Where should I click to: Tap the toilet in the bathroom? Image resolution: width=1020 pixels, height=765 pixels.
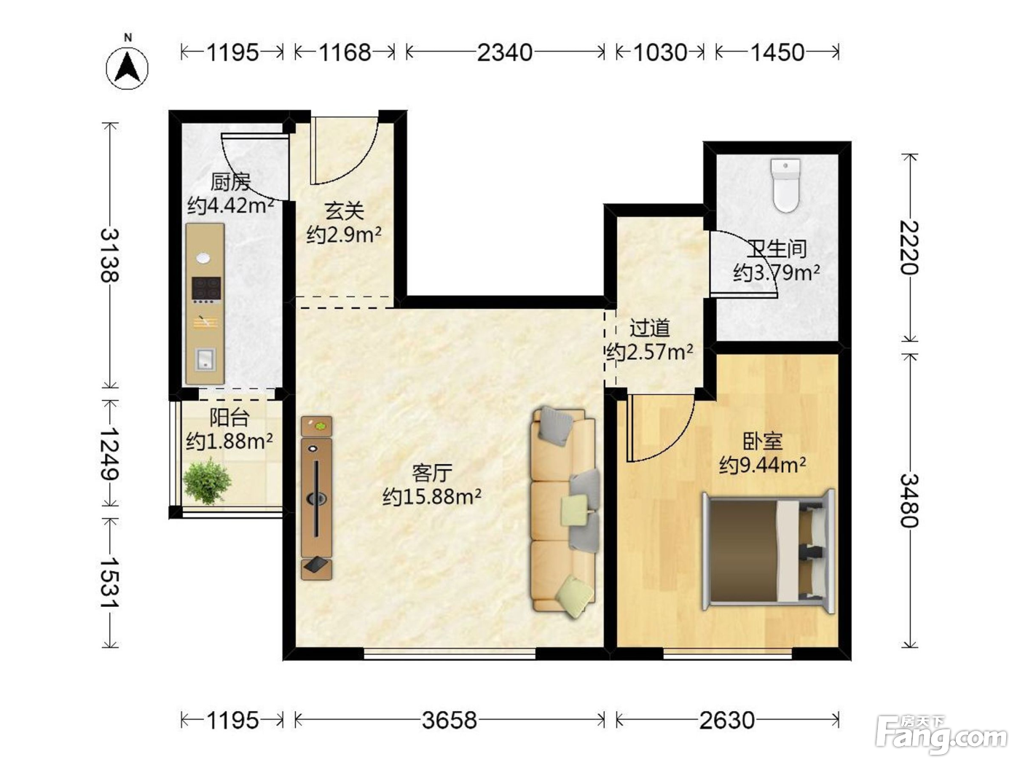pos(785,185)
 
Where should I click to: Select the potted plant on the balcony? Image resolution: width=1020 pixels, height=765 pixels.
pos(207,481)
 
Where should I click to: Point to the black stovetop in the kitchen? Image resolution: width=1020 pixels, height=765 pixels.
pos(206,288)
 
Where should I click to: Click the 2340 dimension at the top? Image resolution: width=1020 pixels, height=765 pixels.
pos(505,52)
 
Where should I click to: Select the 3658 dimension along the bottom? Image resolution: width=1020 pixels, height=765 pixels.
pos(450,720)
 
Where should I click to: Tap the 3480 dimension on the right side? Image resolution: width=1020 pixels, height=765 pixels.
pos(909,501)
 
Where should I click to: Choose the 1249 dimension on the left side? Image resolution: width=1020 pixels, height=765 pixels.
pos(110,453)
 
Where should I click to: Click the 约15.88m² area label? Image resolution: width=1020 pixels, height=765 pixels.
pos(432,497)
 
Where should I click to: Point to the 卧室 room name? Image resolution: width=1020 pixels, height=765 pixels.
pos(763,441)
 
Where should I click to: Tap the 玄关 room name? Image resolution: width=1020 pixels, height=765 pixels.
pos(344,211)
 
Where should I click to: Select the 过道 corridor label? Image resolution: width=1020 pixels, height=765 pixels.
pos(650,329)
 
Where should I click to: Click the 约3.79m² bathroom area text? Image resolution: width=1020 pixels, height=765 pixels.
pos(777,272)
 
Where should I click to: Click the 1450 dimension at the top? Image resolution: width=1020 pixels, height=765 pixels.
pos(777,52)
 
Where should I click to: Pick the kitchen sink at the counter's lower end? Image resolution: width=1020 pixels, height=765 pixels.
pos(205,359)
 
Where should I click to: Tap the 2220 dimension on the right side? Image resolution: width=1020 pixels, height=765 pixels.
pos(909,248)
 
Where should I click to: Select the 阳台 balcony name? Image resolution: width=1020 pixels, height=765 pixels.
pos(229,417)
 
